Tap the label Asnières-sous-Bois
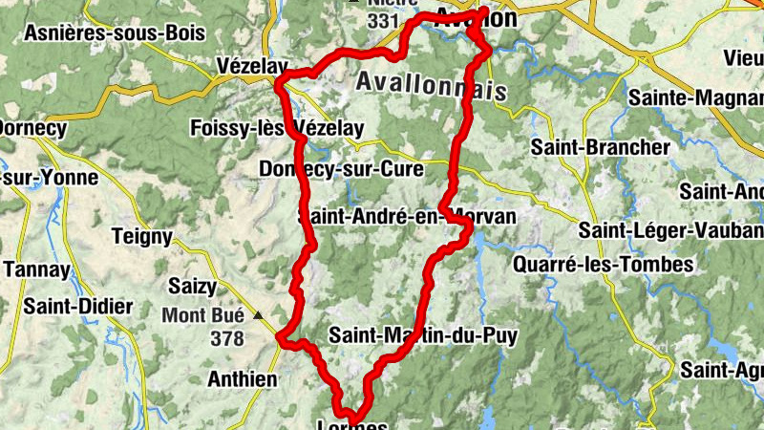coord(115,33)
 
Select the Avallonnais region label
coord(430,84)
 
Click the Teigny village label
coord(141,236)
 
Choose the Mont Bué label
coord(202,314)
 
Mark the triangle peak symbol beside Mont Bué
coord(257,313)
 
